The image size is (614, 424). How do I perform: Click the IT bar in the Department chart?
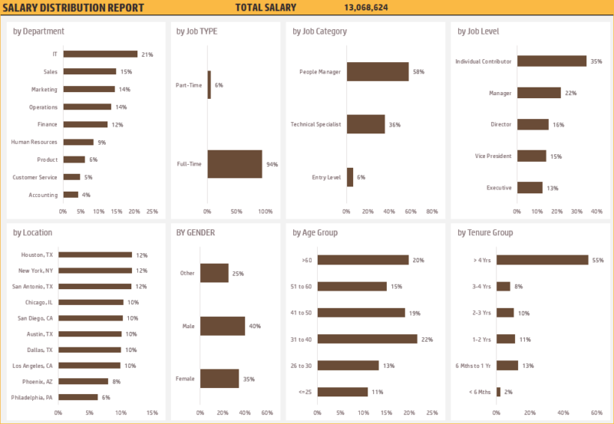100,54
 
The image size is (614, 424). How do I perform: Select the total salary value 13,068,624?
366,8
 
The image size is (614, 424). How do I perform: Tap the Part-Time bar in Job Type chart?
209,84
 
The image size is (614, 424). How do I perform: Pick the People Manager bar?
378,71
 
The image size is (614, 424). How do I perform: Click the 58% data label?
418,71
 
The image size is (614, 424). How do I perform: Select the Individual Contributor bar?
551,61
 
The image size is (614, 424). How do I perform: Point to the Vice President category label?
495,156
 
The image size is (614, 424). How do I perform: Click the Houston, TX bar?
95,255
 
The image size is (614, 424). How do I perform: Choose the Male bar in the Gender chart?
223,326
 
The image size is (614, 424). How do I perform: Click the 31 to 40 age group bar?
367,339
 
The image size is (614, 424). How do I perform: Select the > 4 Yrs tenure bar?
542,260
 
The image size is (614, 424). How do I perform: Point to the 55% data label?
597,260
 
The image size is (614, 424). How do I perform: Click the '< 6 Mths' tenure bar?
498,392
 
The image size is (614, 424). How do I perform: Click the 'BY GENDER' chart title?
195,232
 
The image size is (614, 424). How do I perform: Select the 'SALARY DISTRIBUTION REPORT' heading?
73,8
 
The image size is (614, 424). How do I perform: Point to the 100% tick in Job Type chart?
266,211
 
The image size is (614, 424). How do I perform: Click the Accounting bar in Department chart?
71,195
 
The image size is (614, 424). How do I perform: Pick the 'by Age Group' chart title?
315,232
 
